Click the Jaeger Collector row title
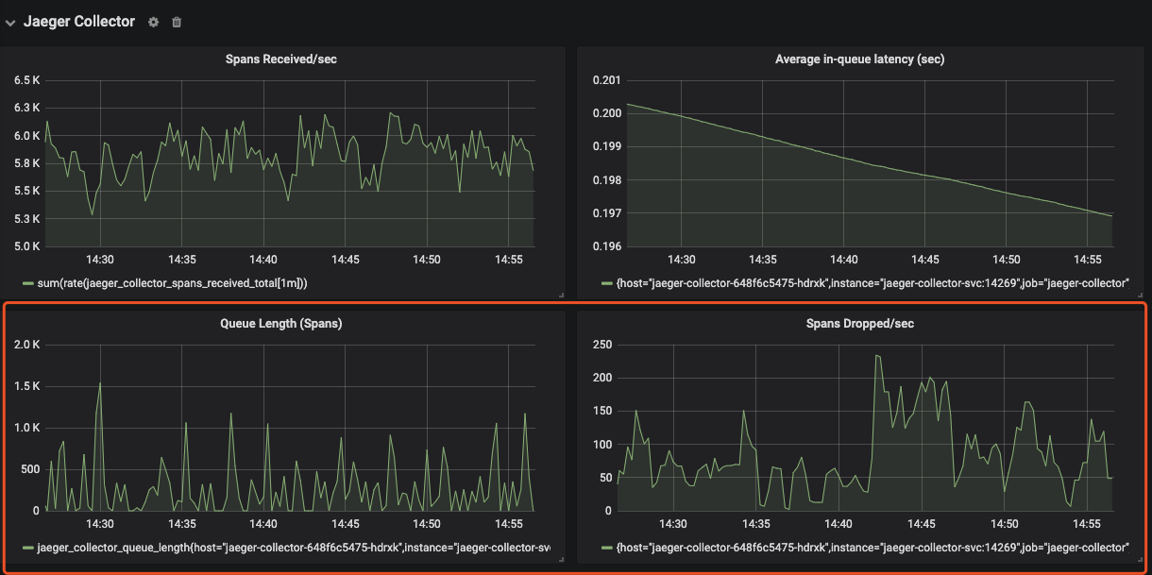click(79, 21)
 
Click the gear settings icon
click(154, 22)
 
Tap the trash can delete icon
click(177, 22)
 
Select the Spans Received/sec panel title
click(280, 59)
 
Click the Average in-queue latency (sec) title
click(859, 59)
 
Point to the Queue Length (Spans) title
click(280, 323)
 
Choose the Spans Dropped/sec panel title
click(859, 323)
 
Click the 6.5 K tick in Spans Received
click(26, 80)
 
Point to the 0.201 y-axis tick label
click(606, 80)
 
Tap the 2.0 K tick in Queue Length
click(26, 345)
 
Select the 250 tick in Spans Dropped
click(602, 345)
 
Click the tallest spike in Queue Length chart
click(99, 382)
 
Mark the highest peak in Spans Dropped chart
click(876, 356)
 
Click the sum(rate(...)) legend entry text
click(172, 283)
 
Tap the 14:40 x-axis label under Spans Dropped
click(839, 524)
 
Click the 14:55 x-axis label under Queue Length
click(509, 524)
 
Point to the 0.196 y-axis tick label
click(606, 246)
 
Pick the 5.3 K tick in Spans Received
click(26, 219)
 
